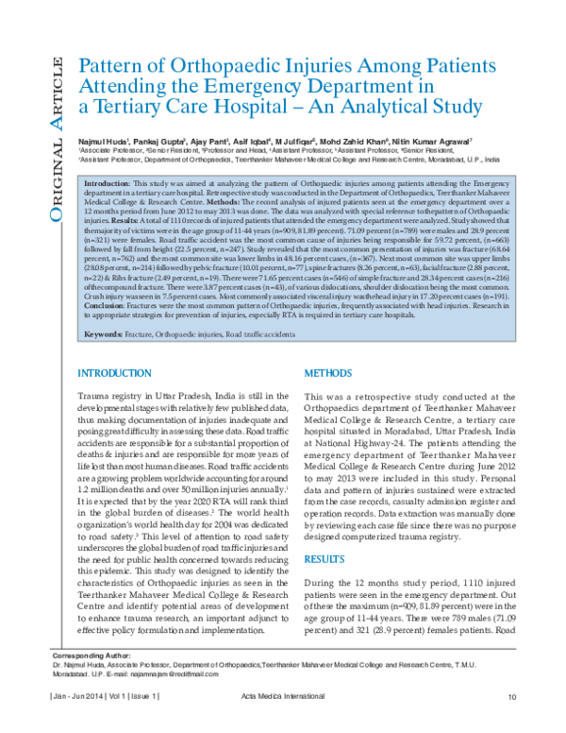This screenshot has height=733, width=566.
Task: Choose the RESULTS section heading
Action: point(325,559)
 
